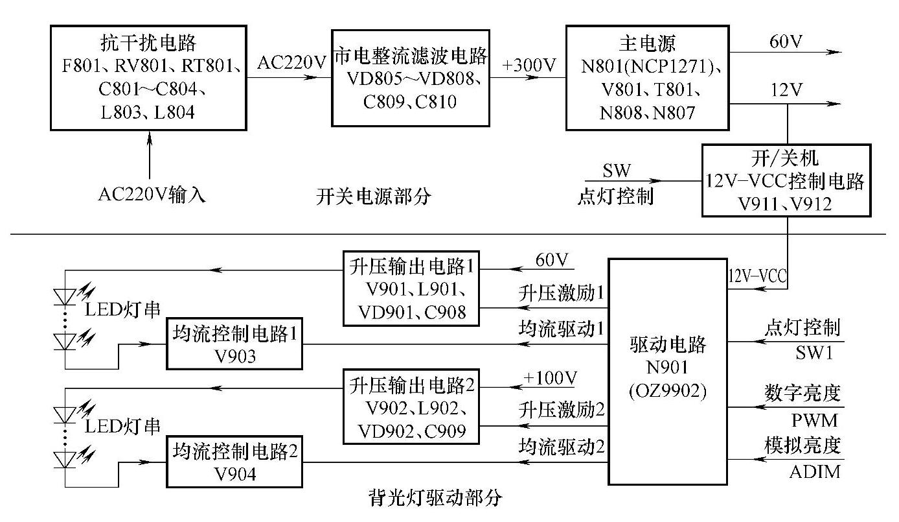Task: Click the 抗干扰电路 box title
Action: tap(148, 43)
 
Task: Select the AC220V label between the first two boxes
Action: tap(291, 63)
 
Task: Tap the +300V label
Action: tap(529, 65)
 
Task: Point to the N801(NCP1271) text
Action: tap(648, 67)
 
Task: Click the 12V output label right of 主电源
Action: tap(786, 89)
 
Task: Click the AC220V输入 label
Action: tap(152, 195)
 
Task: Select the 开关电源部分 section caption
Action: tap(373, 196)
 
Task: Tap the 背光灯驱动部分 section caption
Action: tap(435, 497)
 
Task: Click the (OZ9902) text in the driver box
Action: tap(667, 390)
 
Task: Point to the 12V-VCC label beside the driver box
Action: tap(757, 276)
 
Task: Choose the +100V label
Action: tap(550, 378)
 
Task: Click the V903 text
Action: tap(235, 357)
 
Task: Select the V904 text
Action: tap(235, 474)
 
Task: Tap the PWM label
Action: tap(815, 421)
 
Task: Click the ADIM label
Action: tap(815, 472)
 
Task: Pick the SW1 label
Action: tap(814, 353)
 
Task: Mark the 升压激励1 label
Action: tap(561, 293)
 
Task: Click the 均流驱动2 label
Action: tap(561, 446)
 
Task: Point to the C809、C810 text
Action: tap(410, 102)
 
